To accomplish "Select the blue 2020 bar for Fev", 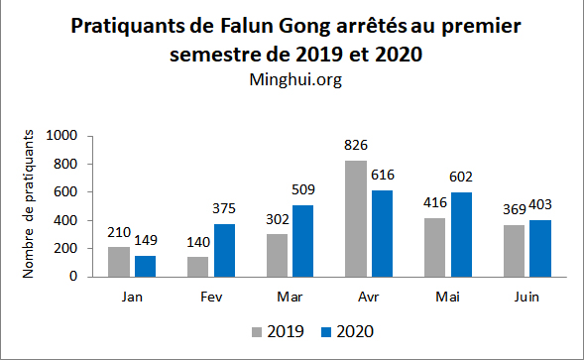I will [224, 250].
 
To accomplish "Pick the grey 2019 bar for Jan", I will [119, 261].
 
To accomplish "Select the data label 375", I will [225, 209].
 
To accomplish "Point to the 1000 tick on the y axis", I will [61, 136].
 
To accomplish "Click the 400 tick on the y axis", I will [65, 219].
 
